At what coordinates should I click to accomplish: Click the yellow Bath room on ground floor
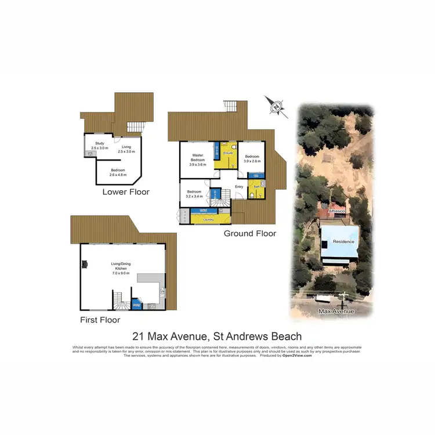[255, 188]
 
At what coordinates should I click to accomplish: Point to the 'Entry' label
[238, 186]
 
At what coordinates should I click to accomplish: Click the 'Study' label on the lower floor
[99, 143]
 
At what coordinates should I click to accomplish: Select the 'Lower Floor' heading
[126, 192]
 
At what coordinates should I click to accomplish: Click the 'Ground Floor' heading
[250, 234]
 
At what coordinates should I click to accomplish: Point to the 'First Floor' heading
[100, 320]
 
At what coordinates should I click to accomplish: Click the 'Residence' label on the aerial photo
[343, 241]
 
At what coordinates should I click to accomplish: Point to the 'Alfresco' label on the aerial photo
[336, 212]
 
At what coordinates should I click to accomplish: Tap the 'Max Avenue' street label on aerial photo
[336, 311]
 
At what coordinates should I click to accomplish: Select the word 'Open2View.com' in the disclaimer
[297, 356]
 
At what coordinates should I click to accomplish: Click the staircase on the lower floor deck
[135, 127]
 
